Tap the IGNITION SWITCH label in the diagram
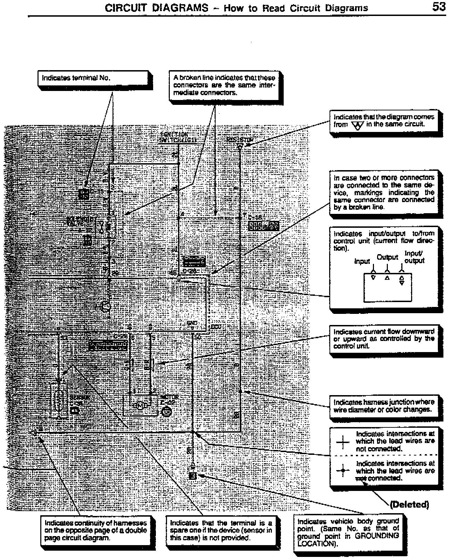coord(178,137)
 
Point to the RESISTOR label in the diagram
coord(240,140)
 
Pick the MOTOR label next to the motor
coord(169,397)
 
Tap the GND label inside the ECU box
coord(192,323)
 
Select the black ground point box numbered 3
coord(193,476)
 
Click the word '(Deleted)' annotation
coord(409,504)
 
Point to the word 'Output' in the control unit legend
coord(387,257)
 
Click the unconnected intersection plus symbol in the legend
coord(343,442)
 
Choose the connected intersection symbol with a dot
coord(343,471)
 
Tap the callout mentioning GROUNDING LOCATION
coord(348,533)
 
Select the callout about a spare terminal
coord(221,530)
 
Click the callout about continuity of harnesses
coord(95,530)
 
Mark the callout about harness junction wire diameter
coord(384,406)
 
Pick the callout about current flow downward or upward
coord(384,339)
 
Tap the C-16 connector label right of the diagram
coord(255,217)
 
